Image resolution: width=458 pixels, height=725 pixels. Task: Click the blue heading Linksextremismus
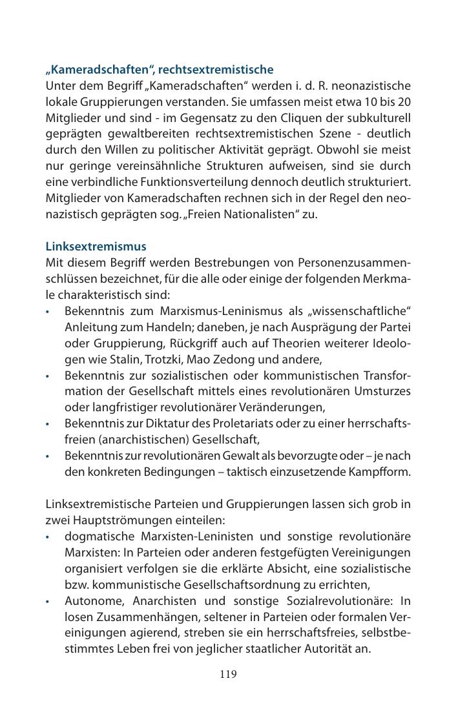pyautogui.click(x=96, y=247)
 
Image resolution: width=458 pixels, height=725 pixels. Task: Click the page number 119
pyautogui.click(x=228, y=675)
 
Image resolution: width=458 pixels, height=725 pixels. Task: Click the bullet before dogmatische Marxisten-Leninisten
pyautogui.click(x=48, y=537)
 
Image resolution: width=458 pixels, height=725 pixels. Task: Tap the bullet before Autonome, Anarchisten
pyautogui.click(x=48, y=601)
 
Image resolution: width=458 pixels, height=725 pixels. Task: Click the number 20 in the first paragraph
pyautogui.click(x=403, y=102)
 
